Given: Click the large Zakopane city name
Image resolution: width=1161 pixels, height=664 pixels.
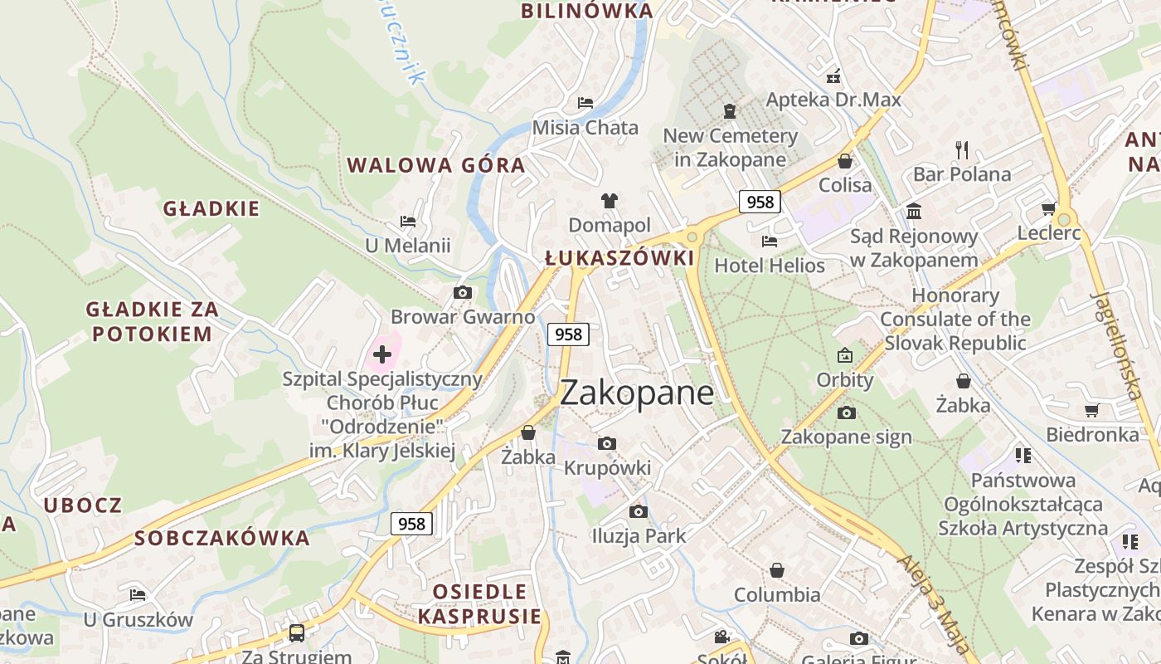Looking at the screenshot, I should (x=636, y=393).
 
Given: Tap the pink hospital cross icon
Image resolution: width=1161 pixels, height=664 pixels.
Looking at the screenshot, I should (x=382, y=354).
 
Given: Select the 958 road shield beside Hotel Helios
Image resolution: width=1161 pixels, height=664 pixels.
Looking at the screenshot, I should (x=760, y=202).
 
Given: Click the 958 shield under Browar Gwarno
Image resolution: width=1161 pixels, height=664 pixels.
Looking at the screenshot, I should (x=568, y=334).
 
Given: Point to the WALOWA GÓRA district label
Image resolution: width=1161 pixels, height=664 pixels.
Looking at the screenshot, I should (x=436, y=165).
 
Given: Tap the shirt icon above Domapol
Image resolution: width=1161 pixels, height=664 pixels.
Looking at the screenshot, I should (x=610, y=201).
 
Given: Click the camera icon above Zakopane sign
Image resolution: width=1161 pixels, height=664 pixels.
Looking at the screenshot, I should (x=846, y=413).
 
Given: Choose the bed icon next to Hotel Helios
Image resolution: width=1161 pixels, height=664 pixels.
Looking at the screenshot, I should (x=770, y=242).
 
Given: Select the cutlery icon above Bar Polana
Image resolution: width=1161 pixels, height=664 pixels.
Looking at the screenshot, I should (x=962, y=150).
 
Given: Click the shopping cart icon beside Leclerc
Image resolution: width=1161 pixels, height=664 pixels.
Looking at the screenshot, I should (x=1048, y=208).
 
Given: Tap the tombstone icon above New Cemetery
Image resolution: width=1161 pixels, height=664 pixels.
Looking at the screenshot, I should (x=730, y=110).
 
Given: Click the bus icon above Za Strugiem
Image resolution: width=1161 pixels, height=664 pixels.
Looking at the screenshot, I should (x=296, y=633).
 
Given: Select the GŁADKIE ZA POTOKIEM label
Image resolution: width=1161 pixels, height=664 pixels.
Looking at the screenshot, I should (x=153, y=321).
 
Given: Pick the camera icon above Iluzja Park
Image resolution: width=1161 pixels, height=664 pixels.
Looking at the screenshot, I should (x=638, y=511).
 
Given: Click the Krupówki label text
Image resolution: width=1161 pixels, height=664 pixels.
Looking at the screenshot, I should (x=607, y=468).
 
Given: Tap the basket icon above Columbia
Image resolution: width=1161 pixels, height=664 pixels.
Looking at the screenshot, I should (x=777, y=570).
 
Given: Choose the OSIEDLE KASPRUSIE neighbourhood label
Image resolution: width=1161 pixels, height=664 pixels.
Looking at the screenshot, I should (x=479, y=603).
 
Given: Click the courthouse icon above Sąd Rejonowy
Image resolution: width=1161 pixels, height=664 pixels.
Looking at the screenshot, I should (x=914, y=212).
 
